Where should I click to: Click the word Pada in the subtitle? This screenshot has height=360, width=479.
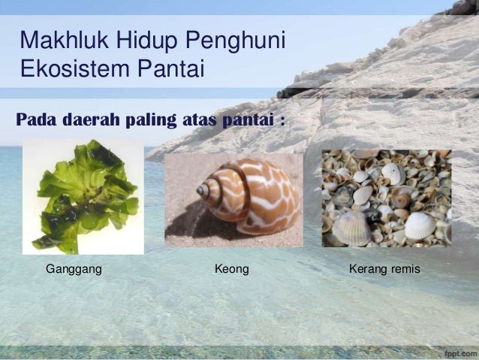[x=37, y=119]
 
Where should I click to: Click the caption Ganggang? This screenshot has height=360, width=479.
[x=74, y=268]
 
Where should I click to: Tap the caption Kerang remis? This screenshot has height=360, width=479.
[x=385, y=268]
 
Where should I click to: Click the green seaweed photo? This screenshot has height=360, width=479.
[x=83, y=195]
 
